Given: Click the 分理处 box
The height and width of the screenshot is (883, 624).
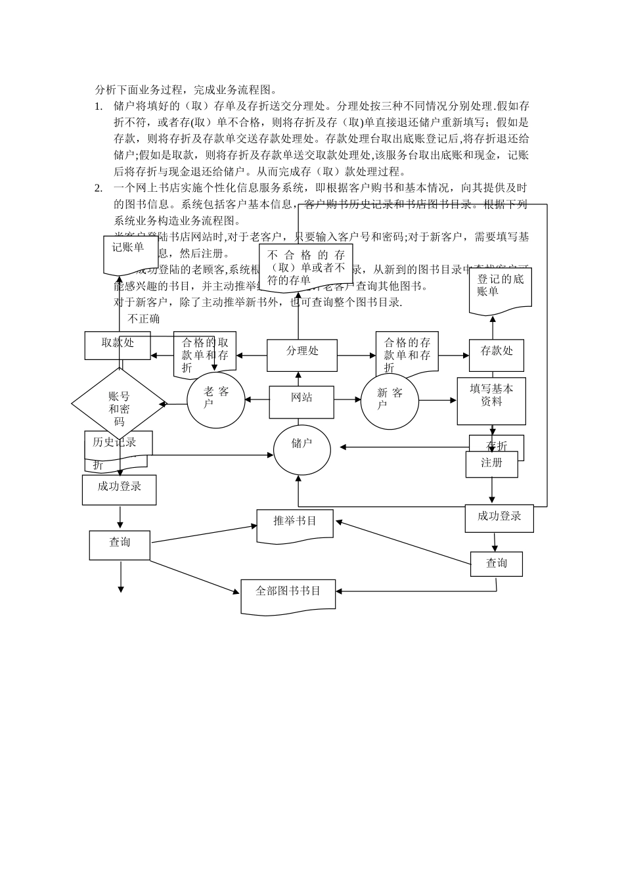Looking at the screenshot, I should (301, 355).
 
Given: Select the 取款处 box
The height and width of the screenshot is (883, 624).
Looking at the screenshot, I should (118, 345).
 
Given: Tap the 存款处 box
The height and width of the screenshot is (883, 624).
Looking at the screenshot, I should (496, 355).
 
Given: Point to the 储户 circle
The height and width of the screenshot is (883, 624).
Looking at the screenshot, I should (301, 450).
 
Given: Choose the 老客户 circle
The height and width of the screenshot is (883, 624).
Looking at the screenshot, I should (215, 399).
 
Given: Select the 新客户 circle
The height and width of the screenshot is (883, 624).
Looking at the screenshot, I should (390, 400).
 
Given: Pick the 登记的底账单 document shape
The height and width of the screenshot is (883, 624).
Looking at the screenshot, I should (500, 289).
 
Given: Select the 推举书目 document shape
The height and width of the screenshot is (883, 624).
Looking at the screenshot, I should (295, 525).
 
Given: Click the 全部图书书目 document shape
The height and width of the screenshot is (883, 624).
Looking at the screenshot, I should (288, 595).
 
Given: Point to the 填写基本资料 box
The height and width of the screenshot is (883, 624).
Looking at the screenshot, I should (491, 400).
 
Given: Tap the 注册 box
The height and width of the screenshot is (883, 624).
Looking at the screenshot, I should (491, 464).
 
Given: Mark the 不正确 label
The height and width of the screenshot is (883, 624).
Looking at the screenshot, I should (143, 319).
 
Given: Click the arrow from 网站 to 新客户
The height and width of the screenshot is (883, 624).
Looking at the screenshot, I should (347, 399).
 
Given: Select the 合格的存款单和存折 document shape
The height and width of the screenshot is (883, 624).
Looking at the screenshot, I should (407, 353).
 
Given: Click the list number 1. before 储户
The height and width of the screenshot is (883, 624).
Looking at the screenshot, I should (99, 106).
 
